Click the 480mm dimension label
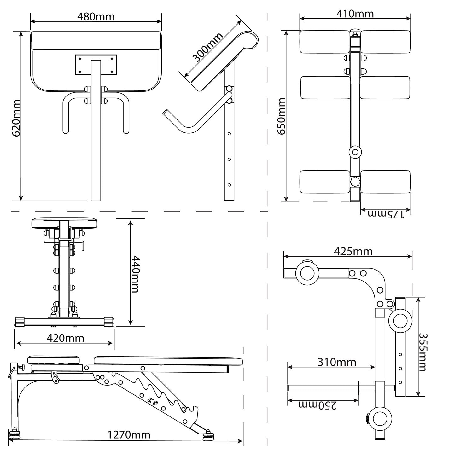96,16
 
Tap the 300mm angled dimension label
208,47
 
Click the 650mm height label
281,116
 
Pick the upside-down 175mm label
386,214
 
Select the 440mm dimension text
135,274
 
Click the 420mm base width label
65,338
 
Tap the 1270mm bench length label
129,435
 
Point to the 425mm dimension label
353,252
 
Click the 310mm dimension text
336,362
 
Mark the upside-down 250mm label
317,405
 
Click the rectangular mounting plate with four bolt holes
96,65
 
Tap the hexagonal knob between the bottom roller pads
355,182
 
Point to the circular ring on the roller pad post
355,152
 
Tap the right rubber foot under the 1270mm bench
208,436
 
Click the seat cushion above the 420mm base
64,223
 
